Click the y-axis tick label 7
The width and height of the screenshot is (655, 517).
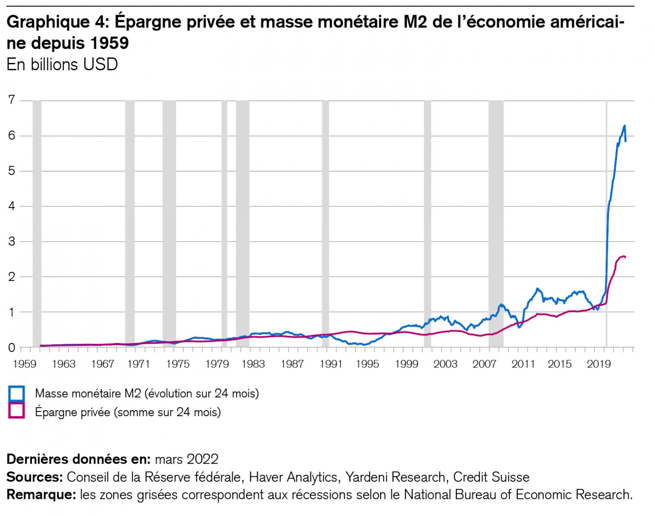[x=12, y=100]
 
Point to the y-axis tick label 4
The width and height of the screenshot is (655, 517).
[x=12, y=206]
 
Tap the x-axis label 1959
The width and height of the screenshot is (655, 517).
[x=25, y=364]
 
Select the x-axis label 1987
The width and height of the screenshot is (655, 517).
[x=292, y=364]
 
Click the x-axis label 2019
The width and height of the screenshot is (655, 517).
[x=598, y=364]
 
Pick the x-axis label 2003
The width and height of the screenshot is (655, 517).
[x=445, y=364]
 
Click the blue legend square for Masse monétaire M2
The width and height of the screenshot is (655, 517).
[x=17, y=393]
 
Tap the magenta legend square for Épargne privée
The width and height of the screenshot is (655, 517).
[x=17, y=411]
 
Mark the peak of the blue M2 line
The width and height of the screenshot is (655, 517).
[x=624, y=125]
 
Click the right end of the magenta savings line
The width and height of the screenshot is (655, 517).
[x=625, y=257]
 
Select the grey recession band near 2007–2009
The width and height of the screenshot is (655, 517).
[x=496, y=224]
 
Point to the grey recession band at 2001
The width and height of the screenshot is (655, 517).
[x=427, y=224]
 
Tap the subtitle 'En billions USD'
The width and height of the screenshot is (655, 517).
[x=62, y=65]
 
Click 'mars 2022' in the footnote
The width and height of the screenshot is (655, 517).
[x=186, y=459]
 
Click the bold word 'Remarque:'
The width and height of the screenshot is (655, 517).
[x=41, y=495]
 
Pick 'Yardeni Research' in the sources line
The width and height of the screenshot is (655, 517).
[x=395, y=477]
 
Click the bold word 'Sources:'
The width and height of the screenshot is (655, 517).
[x=35, y=477]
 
